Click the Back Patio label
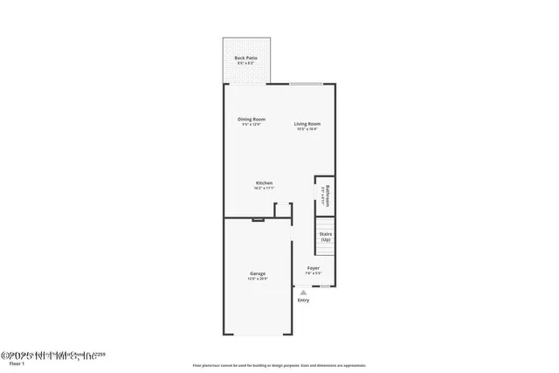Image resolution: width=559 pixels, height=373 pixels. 245,58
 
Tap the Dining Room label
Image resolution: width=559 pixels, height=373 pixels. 252,119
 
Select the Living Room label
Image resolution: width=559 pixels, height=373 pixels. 307,124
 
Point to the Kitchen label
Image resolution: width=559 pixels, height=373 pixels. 264,183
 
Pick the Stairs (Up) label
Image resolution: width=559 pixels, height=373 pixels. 326,236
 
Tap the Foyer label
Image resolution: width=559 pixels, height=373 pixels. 313,267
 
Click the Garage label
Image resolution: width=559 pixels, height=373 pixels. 258,273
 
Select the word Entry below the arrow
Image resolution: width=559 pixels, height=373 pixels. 303,300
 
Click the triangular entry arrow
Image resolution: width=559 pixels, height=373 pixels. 303,293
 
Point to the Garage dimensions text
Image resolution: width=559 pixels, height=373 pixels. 258,279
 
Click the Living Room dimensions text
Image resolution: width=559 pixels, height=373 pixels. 307,129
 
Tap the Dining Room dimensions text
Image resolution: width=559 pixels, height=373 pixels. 252,124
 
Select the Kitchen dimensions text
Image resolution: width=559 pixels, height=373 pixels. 264,188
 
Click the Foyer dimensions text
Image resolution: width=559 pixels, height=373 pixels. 313,273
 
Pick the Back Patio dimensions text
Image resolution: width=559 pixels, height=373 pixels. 245,63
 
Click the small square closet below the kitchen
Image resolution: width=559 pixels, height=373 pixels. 282,210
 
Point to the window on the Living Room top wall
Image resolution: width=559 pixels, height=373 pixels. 307,84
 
